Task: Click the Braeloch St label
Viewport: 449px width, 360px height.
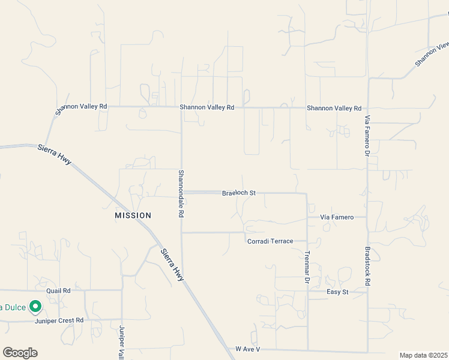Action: click(239, 193)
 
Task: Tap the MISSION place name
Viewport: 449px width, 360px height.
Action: click(133, 215)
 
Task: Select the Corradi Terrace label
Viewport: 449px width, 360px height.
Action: click(270, 241)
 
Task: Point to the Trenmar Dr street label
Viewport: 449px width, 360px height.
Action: click(307, 267)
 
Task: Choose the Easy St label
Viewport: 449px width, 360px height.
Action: click(337, 292)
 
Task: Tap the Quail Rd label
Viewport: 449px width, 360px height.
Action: click(58, 290)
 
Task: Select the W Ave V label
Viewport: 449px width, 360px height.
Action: click(247, 349)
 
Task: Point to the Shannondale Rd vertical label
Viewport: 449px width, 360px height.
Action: click(181, 193)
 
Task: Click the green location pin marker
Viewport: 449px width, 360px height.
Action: click(35, 307)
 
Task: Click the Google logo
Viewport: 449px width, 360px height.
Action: click(20, 353)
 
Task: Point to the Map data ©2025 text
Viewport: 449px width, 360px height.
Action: click(423, 355)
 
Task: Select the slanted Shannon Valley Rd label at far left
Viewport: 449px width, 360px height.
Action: click(80, 108)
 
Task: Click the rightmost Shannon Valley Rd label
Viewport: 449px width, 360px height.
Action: click(334, 109)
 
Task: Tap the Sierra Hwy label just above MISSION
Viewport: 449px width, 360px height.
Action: click(54, 155)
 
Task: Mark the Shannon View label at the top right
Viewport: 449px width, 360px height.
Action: click(432, 54)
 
